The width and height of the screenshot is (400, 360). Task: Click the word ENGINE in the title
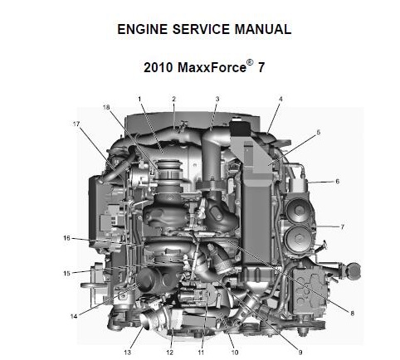(143, 29)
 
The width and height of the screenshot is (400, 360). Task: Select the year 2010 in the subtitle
(159, 67)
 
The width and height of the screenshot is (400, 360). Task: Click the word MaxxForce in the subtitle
(212, 67)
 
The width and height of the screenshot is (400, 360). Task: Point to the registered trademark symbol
(250, 62)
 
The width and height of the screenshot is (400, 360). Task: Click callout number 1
(139, 99)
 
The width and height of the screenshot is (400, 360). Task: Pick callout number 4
(280, 99)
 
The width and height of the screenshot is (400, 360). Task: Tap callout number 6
(337, 182)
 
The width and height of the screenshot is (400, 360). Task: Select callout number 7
(343, 227)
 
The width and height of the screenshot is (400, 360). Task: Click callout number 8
(352, 314)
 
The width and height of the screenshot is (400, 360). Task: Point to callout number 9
(300, 353)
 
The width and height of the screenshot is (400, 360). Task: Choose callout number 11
(201, 353)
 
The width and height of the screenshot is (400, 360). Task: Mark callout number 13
(127, 353)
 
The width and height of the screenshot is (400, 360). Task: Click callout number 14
(74, 316)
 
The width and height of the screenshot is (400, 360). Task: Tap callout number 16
(66, 238)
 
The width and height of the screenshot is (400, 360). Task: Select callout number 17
(76, 124)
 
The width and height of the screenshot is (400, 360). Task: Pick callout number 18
(106, 107)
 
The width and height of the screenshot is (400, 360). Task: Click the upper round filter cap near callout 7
(298, 211)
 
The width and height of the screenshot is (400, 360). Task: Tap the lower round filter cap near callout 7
(299, 238)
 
